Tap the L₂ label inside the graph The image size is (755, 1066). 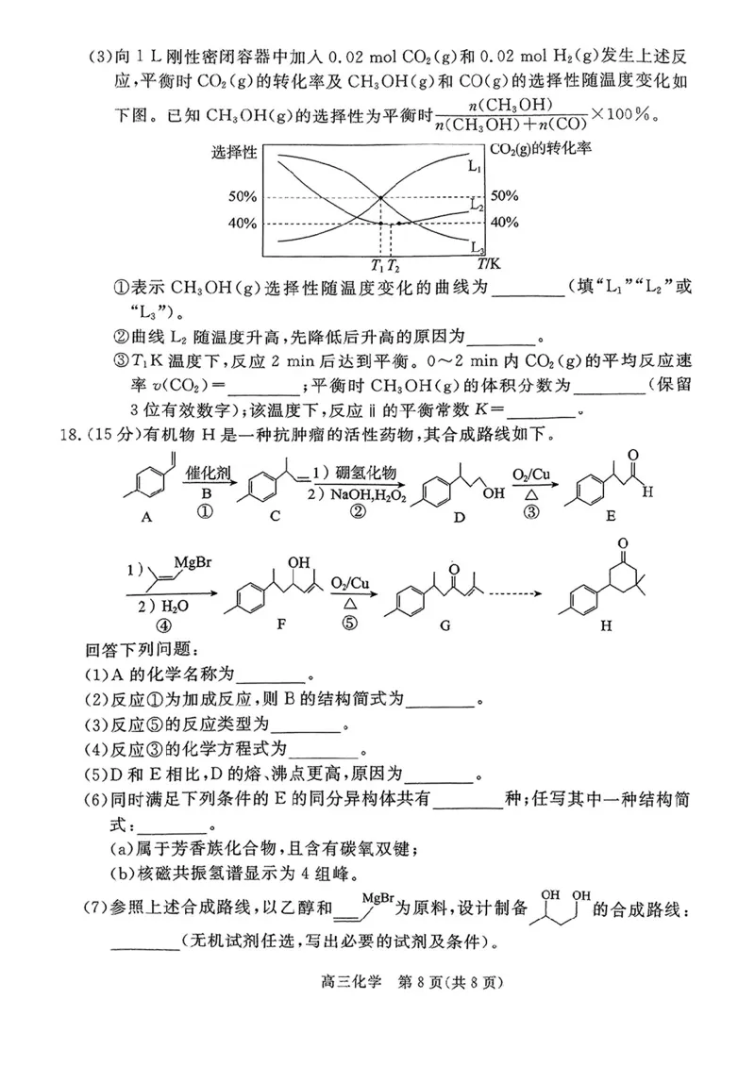[x=477, y=205]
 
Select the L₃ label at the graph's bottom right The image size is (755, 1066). [x=478, y=248]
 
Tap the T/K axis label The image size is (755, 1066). [x=489, y=266]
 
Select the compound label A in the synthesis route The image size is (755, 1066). [x=146, y=517]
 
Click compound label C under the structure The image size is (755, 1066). [x=274, y=517]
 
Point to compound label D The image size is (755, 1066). [x=457, y=517]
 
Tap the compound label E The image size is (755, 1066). [x=611, y=517]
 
